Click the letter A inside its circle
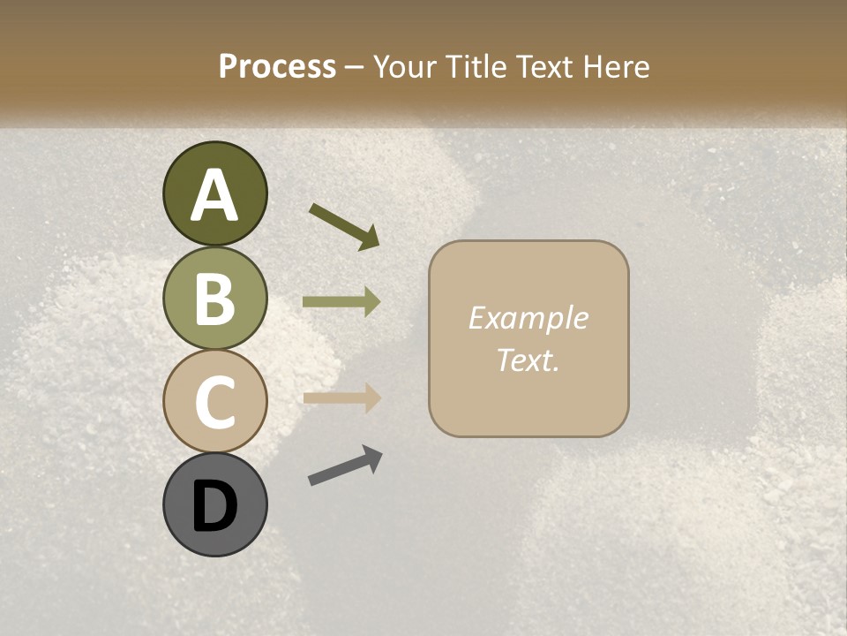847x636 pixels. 214,195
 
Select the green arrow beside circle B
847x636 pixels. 341,302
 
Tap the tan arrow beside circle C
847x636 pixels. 341,397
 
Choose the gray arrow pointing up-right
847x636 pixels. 345,466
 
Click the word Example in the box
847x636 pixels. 528,319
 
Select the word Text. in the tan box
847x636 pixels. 528,360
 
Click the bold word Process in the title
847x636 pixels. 277,66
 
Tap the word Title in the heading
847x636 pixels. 475,66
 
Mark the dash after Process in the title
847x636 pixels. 355,67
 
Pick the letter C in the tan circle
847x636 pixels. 214,402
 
